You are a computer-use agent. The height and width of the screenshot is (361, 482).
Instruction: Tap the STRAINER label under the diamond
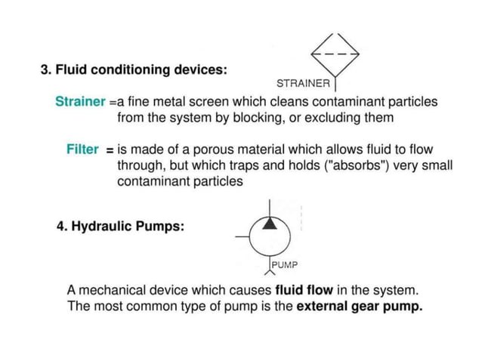(304, 82)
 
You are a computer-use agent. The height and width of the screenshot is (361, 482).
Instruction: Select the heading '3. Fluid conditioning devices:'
(134, 69)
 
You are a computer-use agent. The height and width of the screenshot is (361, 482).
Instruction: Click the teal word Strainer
(80, 101)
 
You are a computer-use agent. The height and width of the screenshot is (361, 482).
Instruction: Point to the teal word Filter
(82, 150)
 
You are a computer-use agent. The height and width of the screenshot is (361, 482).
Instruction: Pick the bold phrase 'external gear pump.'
(359, 307)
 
